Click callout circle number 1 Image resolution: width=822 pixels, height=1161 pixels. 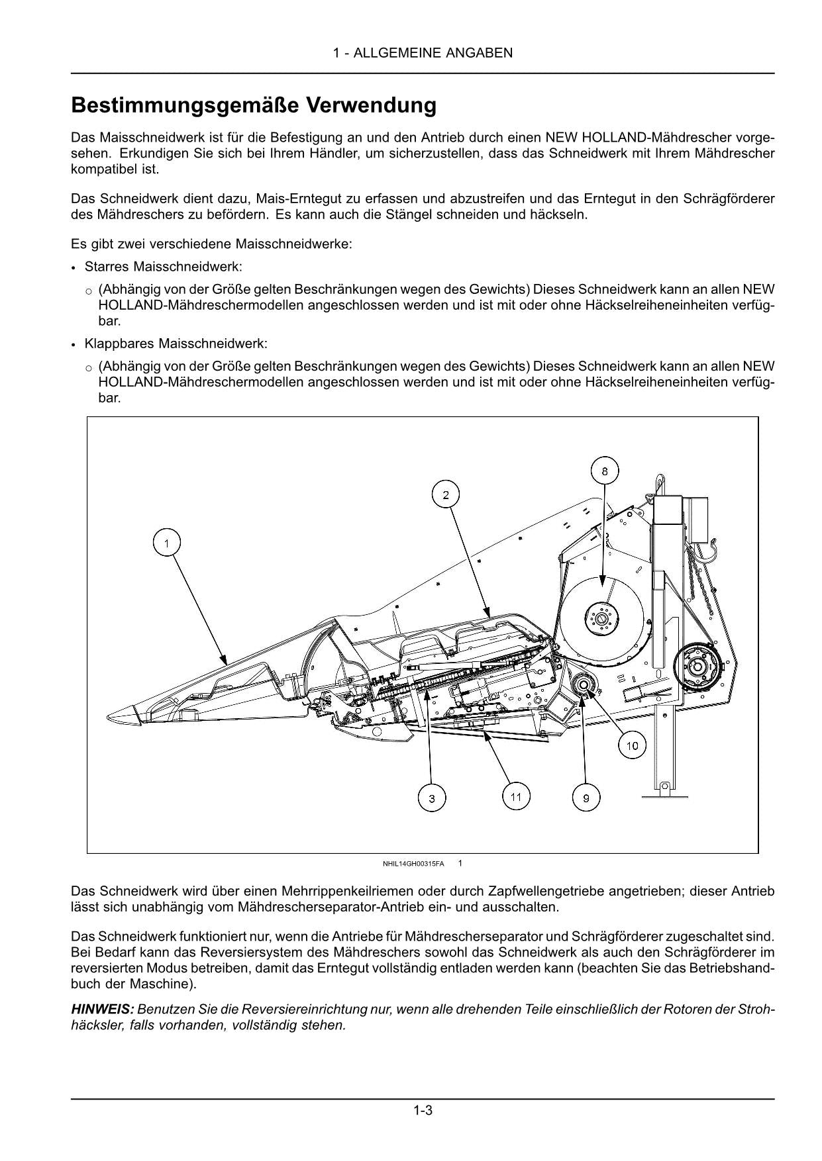pos(167,543)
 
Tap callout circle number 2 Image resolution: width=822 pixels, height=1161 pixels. pos(446,494)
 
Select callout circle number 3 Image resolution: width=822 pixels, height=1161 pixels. pos(432,799)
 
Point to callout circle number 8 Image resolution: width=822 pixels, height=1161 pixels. pos(604,471)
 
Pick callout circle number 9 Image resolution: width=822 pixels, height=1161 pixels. pos(586,799)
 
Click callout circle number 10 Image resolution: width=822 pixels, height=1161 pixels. pos(632,746)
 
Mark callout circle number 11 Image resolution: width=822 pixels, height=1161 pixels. pos(516,796)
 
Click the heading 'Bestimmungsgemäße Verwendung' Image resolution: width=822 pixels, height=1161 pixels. pos(254,105)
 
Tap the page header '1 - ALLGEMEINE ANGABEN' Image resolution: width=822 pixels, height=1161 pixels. pos(423,53)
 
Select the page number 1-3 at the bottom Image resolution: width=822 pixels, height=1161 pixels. pos(423,1110)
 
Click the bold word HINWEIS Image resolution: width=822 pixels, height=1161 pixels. pos(103,1009)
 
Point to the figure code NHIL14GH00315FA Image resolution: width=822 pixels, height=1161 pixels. pos(413,864)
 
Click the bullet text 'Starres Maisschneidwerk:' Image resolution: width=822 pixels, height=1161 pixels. pos(163,267)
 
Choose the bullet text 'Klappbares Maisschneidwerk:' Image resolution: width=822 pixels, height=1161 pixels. pos(176,344)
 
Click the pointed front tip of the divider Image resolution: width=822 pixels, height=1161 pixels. pos(113,716)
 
